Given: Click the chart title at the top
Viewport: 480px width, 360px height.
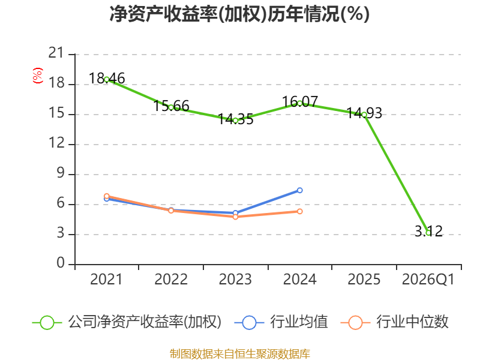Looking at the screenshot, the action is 239,14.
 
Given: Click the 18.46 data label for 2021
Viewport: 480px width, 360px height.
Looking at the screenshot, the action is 107,79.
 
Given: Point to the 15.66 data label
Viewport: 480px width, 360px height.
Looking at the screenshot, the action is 171,106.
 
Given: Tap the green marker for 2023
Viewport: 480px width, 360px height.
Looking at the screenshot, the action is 235,121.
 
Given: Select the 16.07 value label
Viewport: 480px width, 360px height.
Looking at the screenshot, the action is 299,101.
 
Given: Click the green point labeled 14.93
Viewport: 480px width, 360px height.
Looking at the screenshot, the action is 364,115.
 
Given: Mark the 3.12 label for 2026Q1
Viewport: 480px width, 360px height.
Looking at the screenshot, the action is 428,231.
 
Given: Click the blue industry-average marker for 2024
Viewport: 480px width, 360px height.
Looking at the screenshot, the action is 299,190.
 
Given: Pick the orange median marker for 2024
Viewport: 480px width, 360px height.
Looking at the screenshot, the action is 299,212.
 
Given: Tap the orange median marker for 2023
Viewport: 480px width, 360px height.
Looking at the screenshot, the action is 235,217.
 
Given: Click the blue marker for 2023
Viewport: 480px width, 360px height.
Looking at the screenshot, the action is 235,213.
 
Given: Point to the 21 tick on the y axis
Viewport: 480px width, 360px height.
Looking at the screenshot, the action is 56,53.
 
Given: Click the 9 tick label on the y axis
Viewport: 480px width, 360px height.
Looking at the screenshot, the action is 61,173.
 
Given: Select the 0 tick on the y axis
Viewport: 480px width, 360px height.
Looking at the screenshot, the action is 61,263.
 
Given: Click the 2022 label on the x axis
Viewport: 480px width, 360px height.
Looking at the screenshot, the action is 171,280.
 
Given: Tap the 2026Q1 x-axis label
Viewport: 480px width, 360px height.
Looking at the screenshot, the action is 428,280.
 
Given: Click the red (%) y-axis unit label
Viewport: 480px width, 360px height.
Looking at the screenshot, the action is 38,76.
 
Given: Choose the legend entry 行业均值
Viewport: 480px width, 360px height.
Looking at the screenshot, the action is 281,322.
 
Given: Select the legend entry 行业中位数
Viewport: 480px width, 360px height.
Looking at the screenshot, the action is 394,322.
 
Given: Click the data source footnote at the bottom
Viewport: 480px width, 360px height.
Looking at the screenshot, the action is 240,354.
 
